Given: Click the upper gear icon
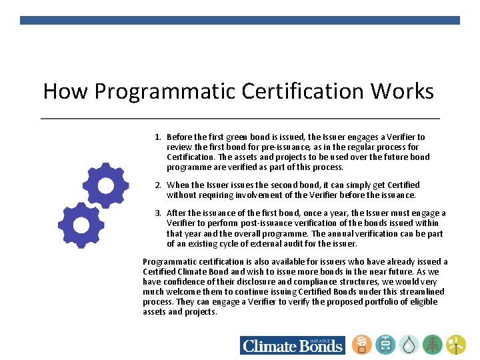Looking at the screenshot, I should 105,185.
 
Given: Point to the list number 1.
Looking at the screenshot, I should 157,137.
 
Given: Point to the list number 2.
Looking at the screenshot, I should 157,185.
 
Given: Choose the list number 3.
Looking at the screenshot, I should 157,213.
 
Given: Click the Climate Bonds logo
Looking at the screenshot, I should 293,345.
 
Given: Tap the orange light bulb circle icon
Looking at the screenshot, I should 362,345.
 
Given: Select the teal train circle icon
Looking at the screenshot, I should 385,345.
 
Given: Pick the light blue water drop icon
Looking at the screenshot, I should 409,345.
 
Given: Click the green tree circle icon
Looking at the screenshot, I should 433,345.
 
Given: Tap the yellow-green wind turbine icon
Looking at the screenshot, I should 456,345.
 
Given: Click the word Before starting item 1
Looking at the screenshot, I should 180,137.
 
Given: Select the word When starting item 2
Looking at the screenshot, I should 178,185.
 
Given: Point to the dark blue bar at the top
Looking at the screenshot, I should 240,20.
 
